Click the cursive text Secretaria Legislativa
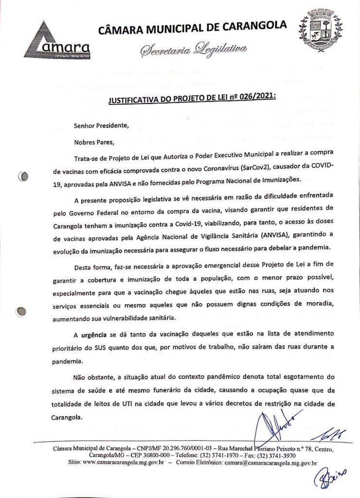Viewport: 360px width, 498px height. click(x=194, y=49)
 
